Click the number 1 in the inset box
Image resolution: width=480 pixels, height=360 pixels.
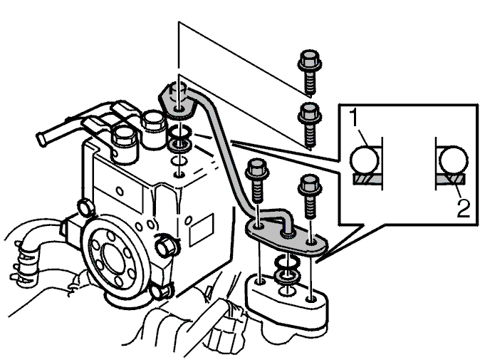click(354, 118)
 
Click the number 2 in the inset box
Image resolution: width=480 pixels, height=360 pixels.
click(463, 208)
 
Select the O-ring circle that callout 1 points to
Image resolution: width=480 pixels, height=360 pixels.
click(365, 160)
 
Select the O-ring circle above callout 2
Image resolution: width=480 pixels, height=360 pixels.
click(454, 160)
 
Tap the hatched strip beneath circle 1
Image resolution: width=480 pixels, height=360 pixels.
click(367, 180)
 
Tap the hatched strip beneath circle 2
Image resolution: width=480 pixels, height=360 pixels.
click(451, 180)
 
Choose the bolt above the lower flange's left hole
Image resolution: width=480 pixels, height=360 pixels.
click(257, 181)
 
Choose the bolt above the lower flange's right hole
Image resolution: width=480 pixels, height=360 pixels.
click(310, 196)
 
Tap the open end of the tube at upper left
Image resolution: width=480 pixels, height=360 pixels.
click(42, 140)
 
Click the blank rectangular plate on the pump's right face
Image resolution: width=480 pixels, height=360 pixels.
click(202, 230)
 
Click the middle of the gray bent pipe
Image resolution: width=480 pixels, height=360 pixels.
click(227, 153)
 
